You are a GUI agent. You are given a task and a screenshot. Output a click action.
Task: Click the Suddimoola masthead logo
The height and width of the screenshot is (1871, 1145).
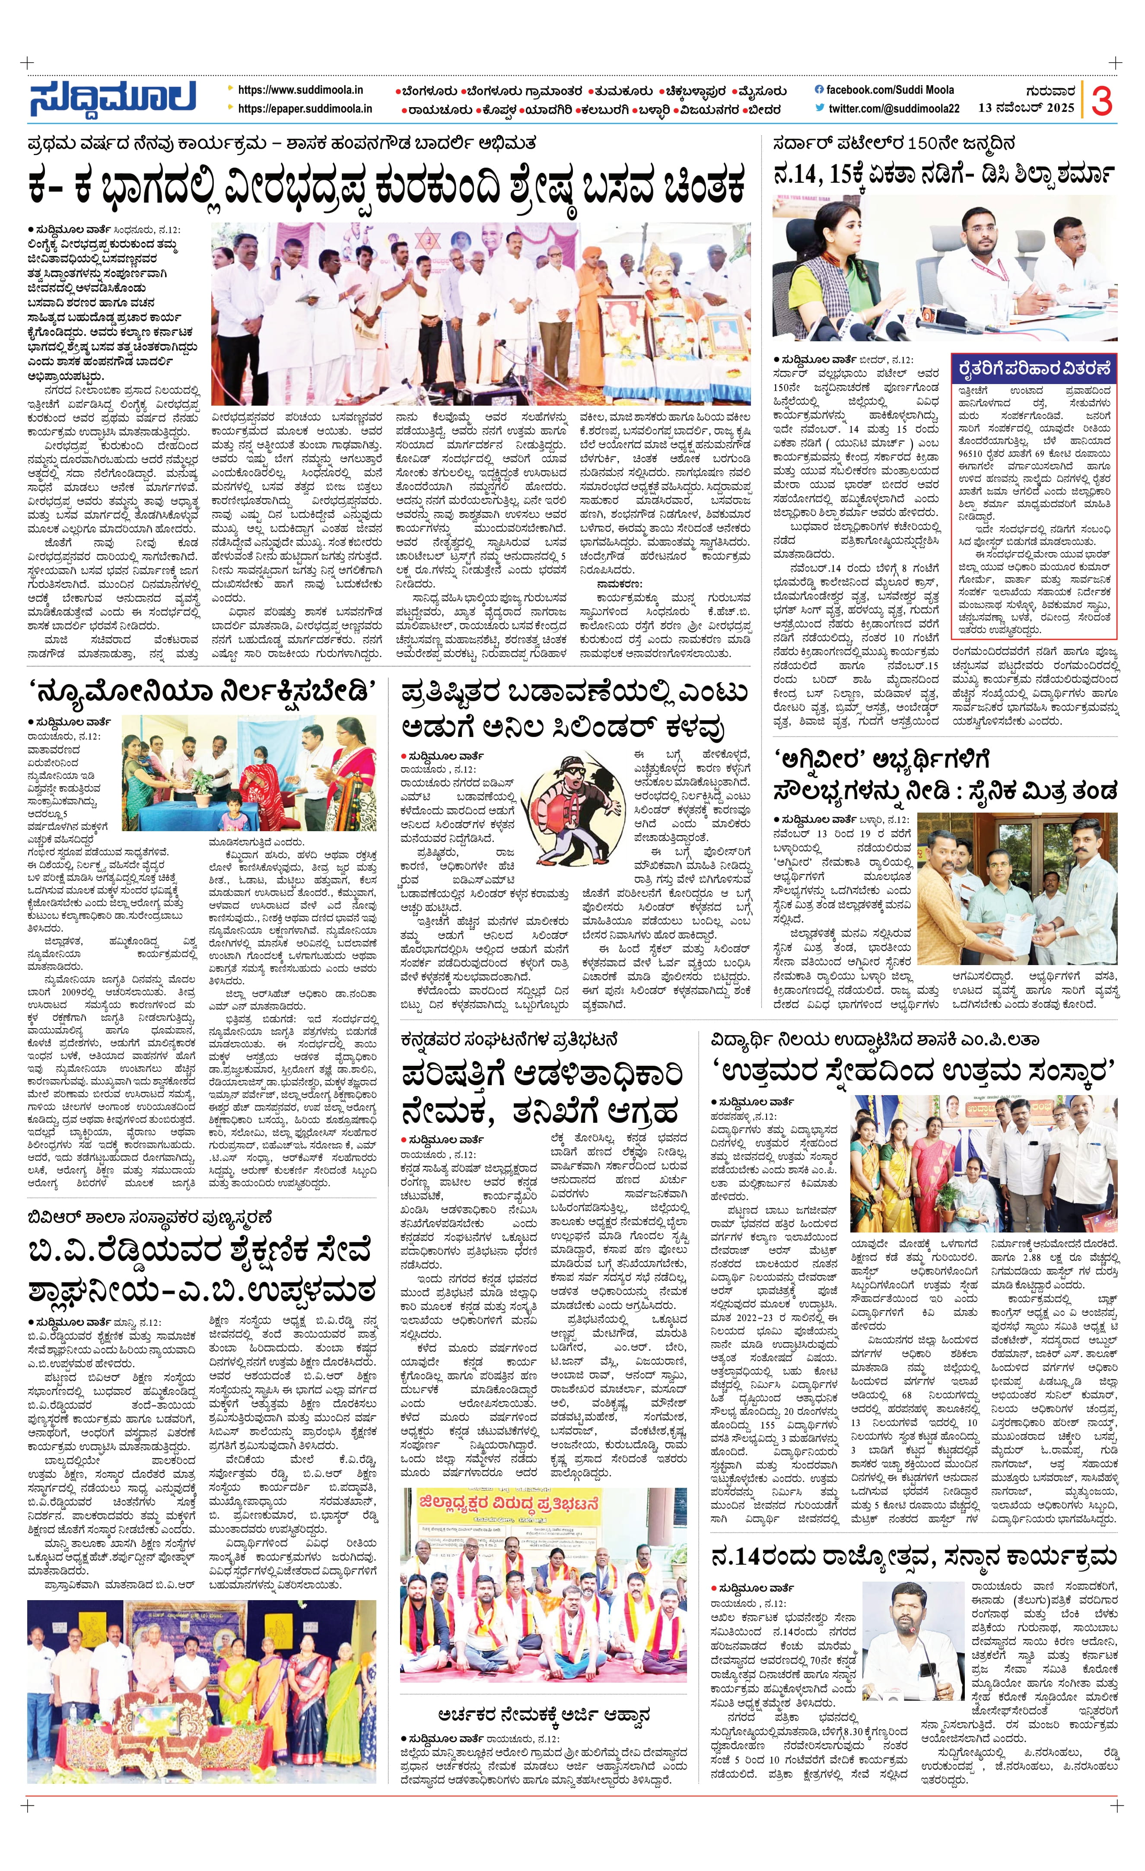pyautogui.click(x=112, y=99)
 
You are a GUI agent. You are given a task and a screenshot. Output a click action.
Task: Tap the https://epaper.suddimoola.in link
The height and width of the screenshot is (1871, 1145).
pyautogui.click(x=305, y=108)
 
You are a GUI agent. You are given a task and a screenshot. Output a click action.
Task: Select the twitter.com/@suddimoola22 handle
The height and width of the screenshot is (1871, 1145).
pyautogui.click(x=893, y=108)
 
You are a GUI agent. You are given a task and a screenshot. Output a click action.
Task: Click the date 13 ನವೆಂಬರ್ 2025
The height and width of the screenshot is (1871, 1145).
pyautogui.click(x=1026, y=108)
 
